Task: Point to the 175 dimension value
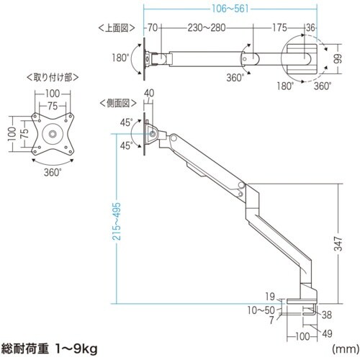point(281,28)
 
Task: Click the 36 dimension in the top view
point(311,28)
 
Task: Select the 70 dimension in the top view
point(152,28)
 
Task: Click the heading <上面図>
point(116,28)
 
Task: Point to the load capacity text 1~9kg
point(76,349)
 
